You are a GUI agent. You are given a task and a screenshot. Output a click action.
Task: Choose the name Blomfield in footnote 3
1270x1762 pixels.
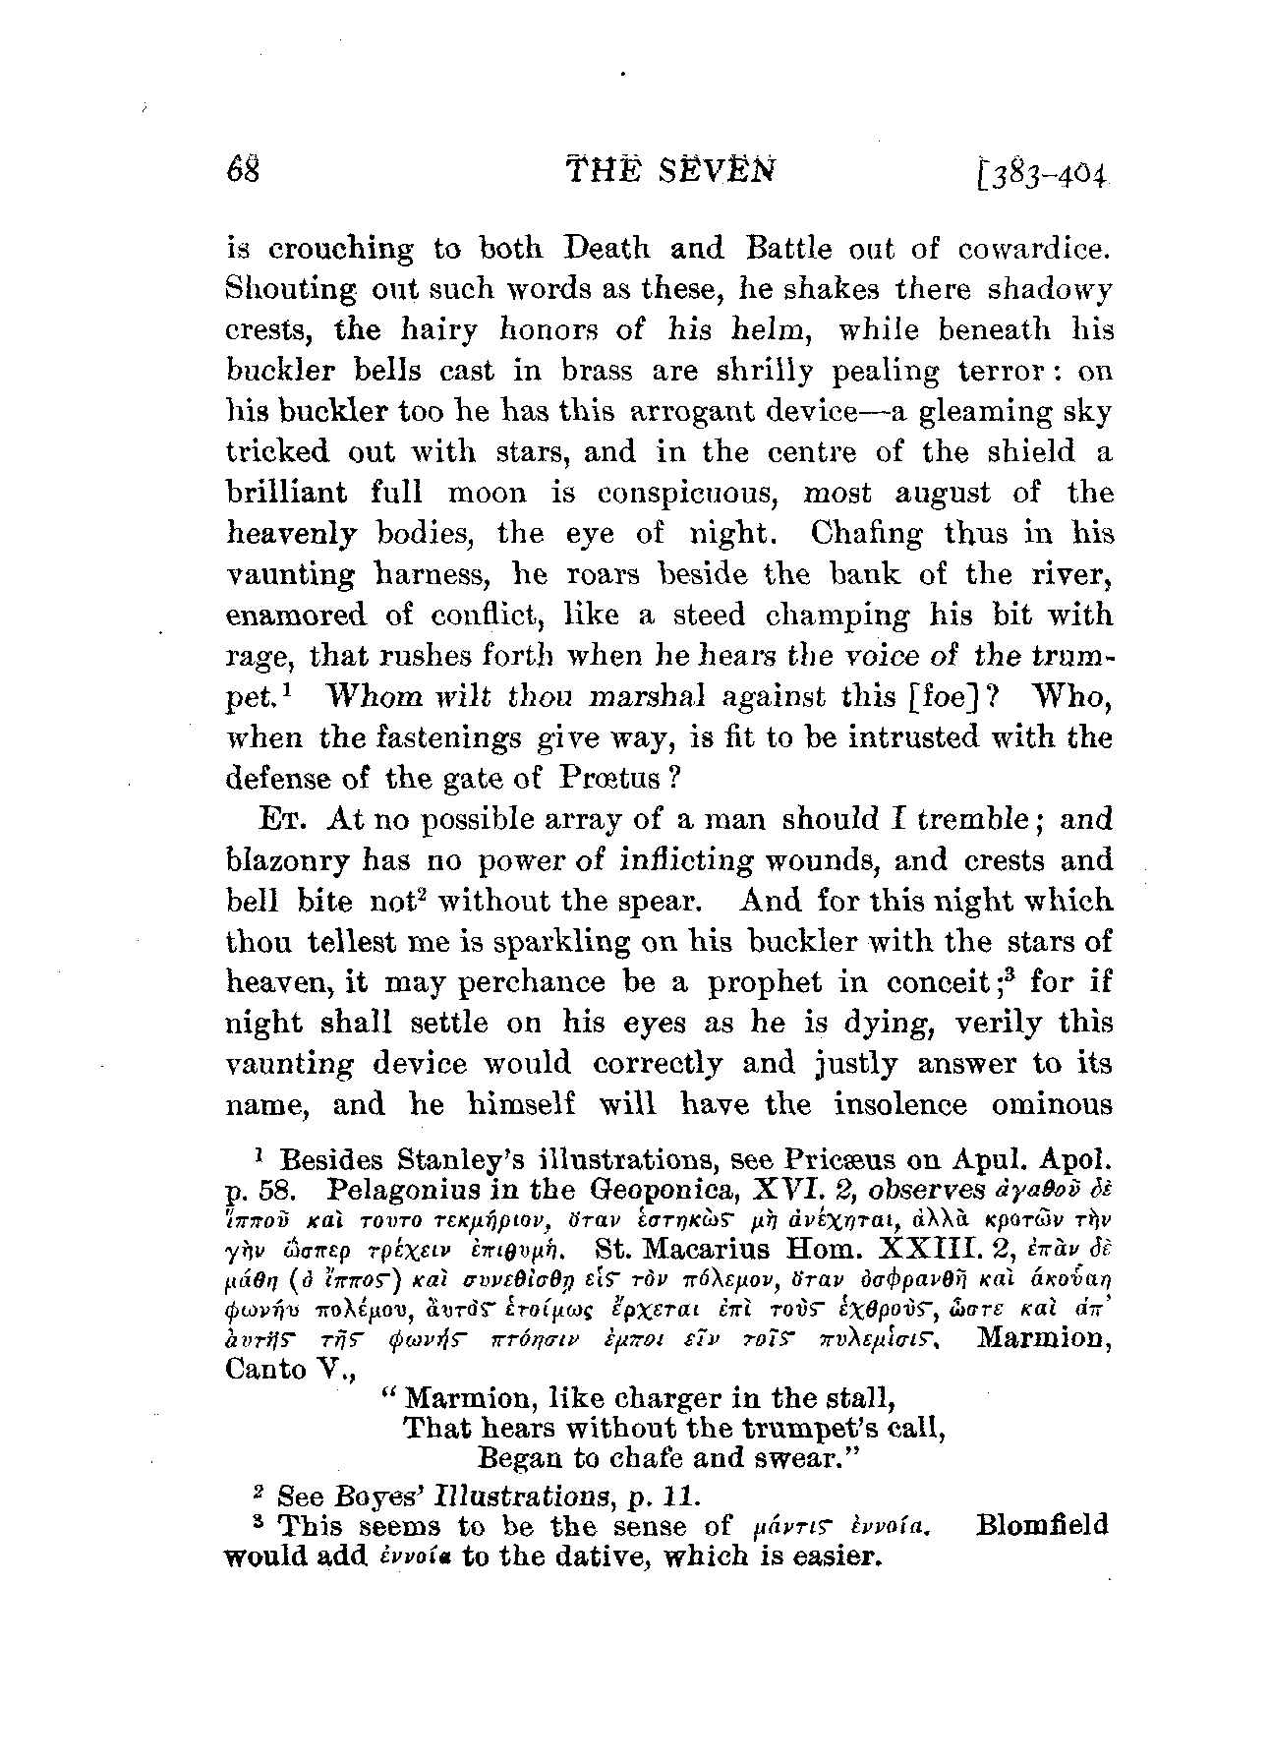(1042, 1527)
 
